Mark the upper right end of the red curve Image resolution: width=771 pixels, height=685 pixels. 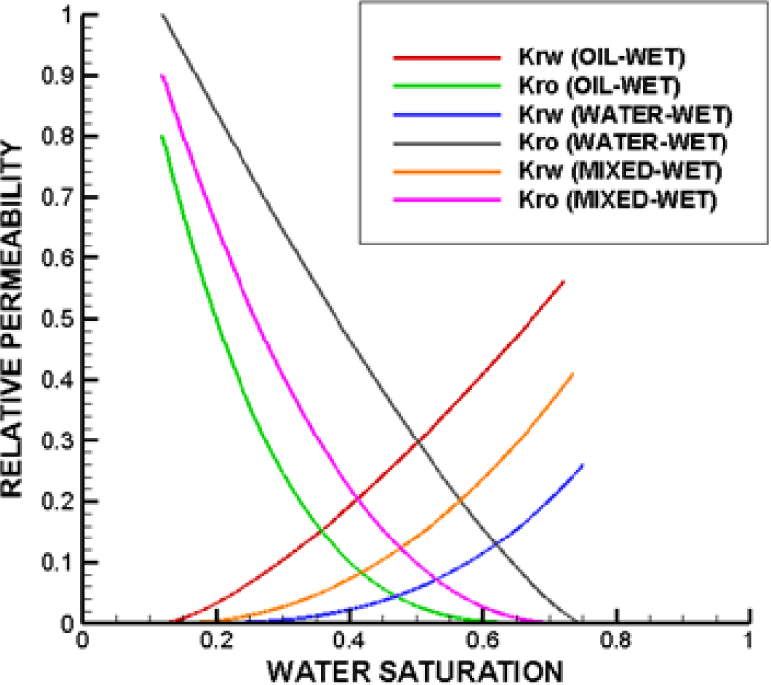point(564,281)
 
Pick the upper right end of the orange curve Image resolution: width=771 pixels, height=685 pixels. point(573,373)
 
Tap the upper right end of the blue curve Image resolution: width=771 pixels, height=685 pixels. point(583,464)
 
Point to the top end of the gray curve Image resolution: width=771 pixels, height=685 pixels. point(162,14)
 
